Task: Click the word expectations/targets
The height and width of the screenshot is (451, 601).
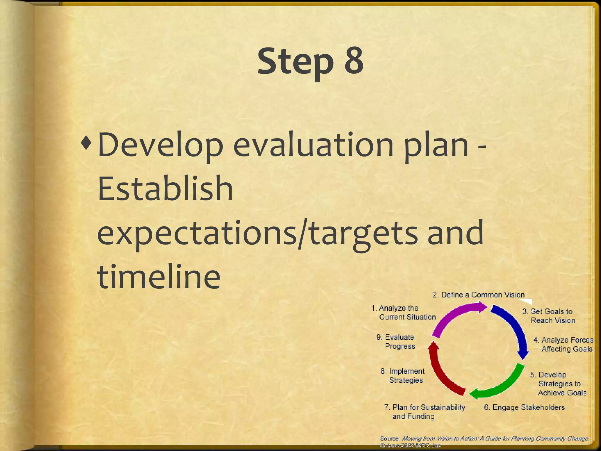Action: point(257,233)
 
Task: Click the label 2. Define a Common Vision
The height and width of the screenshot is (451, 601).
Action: point(478,295)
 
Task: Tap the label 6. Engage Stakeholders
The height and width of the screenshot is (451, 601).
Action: point(524,407)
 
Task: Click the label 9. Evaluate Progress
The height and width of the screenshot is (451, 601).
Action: point(396,341)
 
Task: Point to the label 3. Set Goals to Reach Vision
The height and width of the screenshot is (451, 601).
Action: point(549,316)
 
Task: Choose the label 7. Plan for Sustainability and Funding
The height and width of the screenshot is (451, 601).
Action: point(424,412)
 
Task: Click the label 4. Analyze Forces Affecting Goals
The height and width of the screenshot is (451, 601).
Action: point(564,344)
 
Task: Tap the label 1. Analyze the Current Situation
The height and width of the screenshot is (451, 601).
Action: point(404,312)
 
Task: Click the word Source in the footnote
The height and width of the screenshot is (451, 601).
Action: point(389,438)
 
